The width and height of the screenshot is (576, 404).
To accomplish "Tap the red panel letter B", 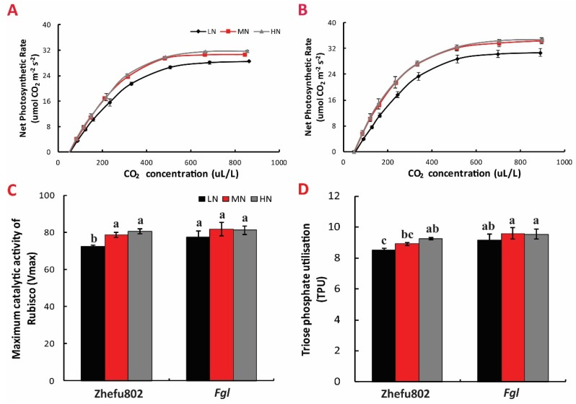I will [302, 11].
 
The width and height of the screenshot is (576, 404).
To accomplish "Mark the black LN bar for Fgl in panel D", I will [479, 310].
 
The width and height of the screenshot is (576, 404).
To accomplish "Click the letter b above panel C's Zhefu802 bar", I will [92, 237].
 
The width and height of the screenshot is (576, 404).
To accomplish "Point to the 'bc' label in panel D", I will [406, 233].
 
